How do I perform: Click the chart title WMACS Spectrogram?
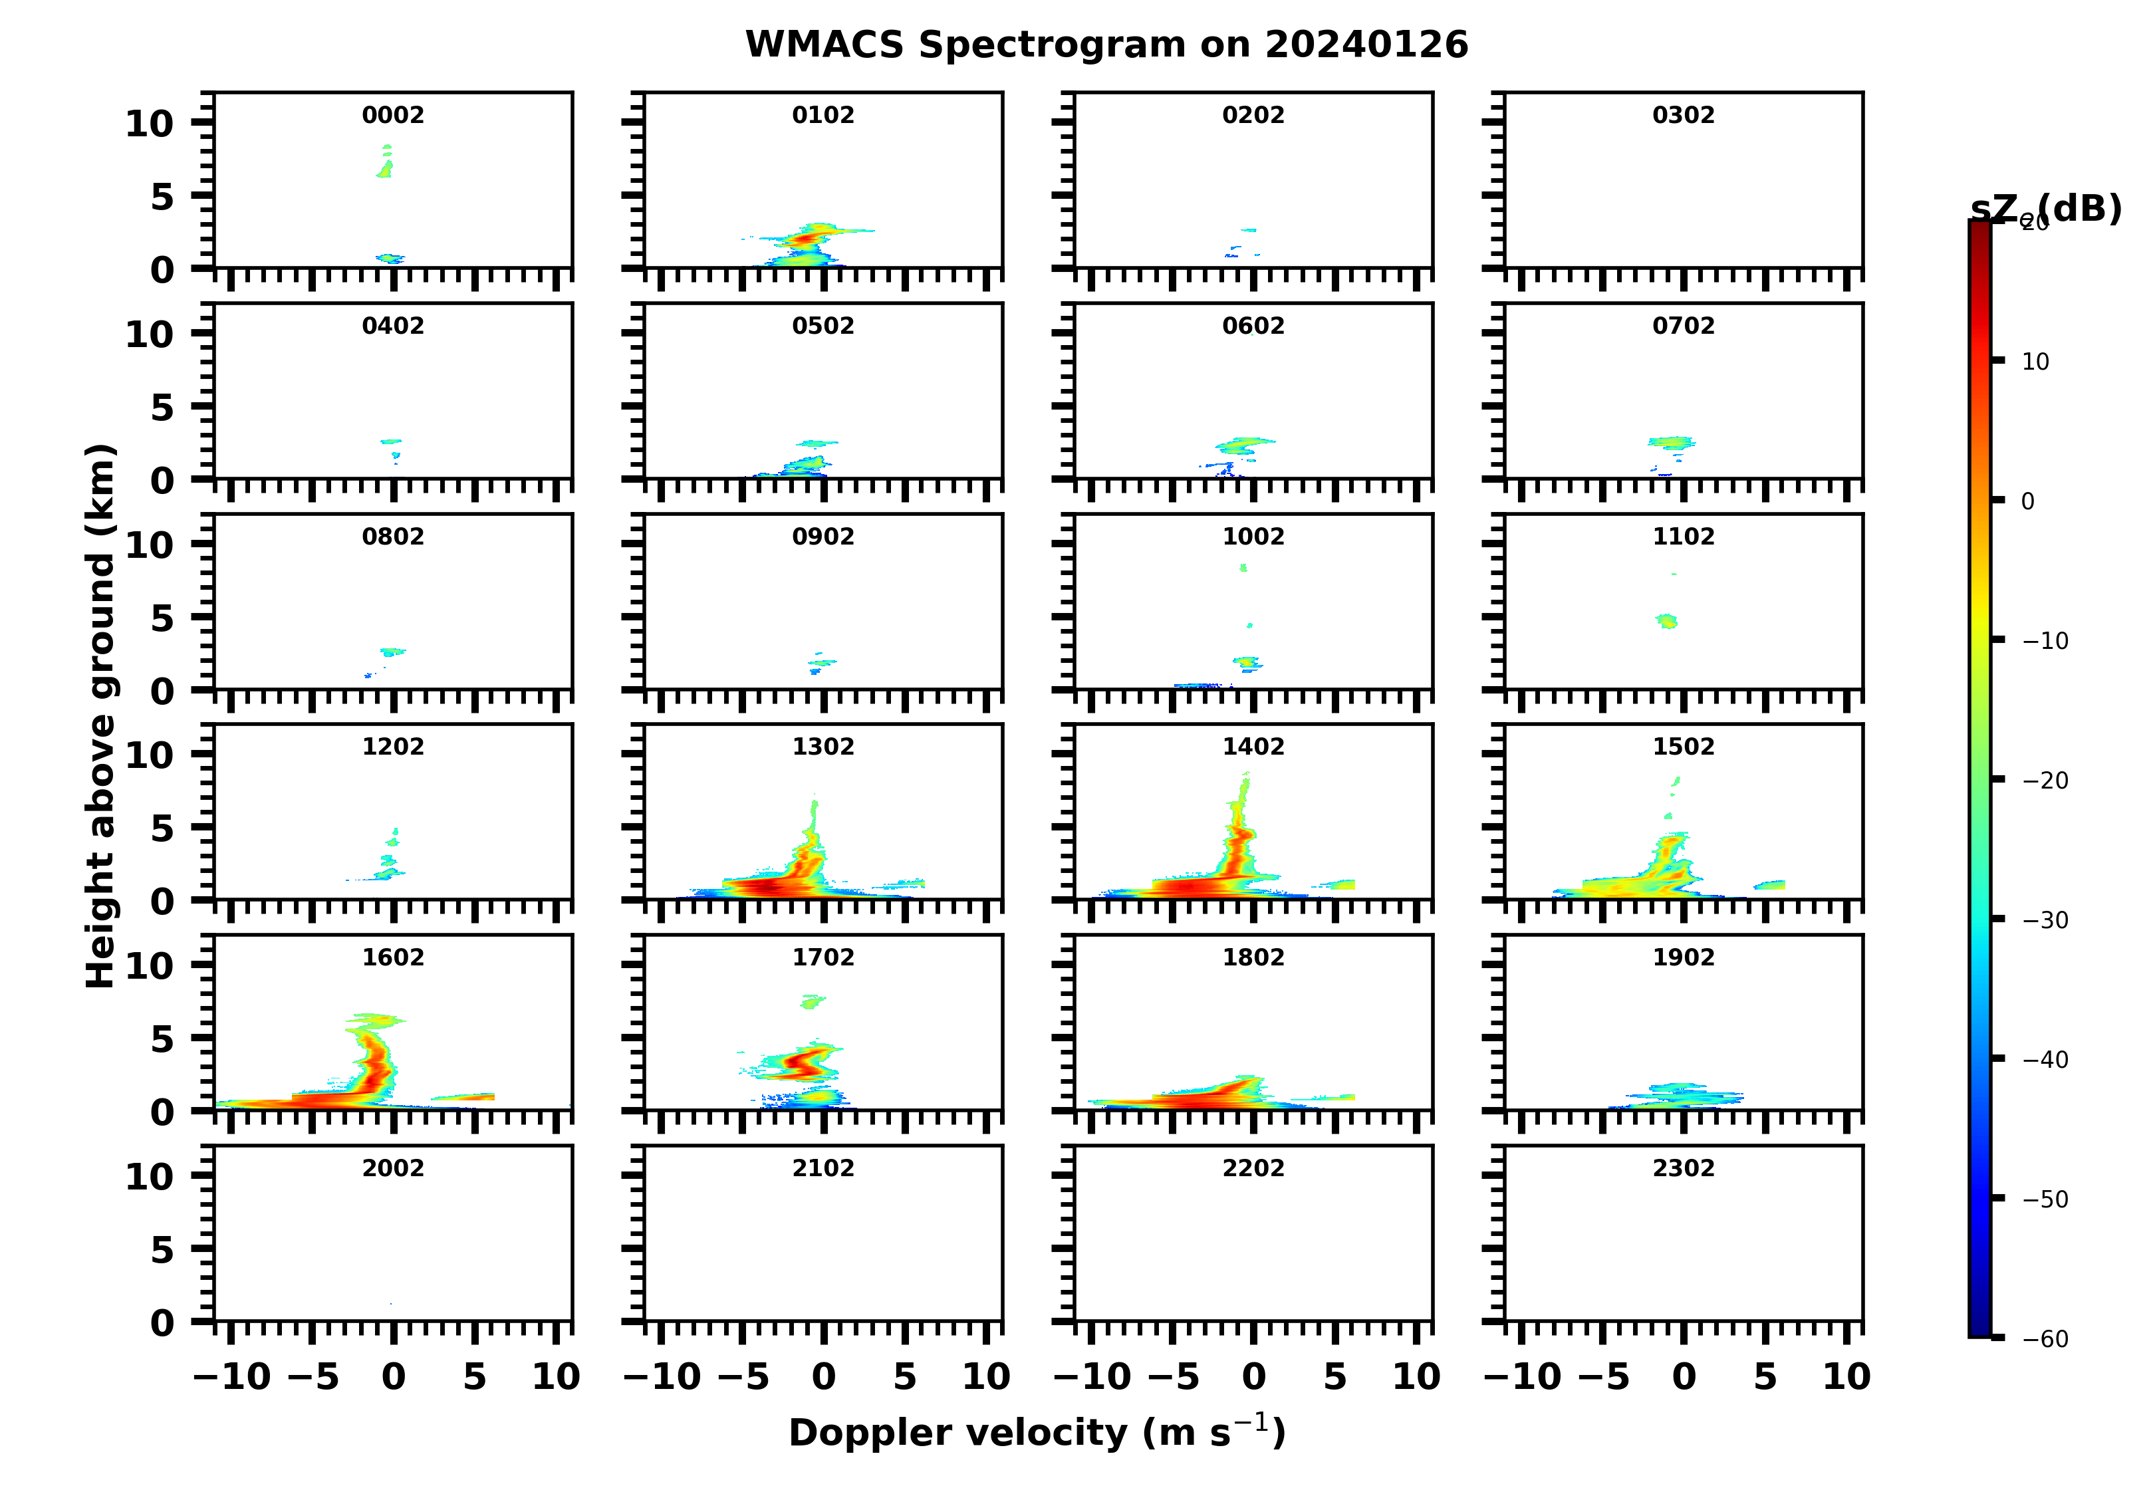(x=1106, y=45)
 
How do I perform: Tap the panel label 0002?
(x=393, y=115)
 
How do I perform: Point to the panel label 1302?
(x=823, y=746)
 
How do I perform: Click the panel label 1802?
(x=1253, y=957)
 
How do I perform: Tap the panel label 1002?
(x=1253, y=537)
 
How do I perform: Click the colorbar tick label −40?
(x=2045, y=1059)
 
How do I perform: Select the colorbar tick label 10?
(x=2035, y=362)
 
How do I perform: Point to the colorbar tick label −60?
(x=2045, y=1338)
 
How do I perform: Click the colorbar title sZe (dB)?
(x=2045, y=209)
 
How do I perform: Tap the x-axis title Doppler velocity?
(x=1037, y=1432)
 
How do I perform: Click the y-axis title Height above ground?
(x=100, y=715)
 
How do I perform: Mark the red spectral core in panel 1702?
(x=802, y=1062)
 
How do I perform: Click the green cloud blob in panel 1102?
(x=1667, y=621)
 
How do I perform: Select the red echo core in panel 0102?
(x=806, y=239)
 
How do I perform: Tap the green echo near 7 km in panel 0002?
(x=385, y=169)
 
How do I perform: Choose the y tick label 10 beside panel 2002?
(x=150, y=1176)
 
